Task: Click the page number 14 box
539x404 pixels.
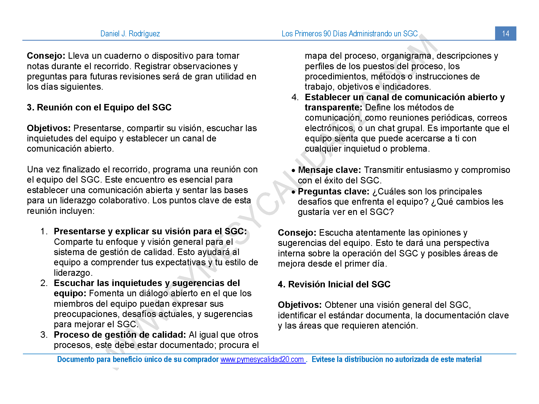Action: click(x=505, y=33)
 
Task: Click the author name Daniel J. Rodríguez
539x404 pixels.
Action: click(x=130, y=34)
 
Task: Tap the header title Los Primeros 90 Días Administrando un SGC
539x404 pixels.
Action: click(x=349, y=34)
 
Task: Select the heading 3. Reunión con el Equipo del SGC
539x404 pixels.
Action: click(x=99, y=107)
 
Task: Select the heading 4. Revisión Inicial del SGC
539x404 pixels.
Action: click(x=334, y=284)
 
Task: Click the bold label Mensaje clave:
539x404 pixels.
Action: click(x=329, y=170)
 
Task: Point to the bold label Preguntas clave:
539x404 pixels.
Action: click(x=333, y=191)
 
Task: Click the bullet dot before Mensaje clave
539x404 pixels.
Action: click(x=293, y=170)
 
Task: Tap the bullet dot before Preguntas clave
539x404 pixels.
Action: click(x=293, y=192)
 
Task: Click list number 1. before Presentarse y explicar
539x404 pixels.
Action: click(x=44, y=231)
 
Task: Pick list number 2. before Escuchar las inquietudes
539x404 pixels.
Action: click(x=44, y=283)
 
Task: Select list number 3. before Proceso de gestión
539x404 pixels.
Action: click(x=44, y=335)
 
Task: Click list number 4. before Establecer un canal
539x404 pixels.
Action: click(x=295, y=97)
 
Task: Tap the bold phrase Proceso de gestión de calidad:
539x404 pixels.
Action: click(x=120, y=335)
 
